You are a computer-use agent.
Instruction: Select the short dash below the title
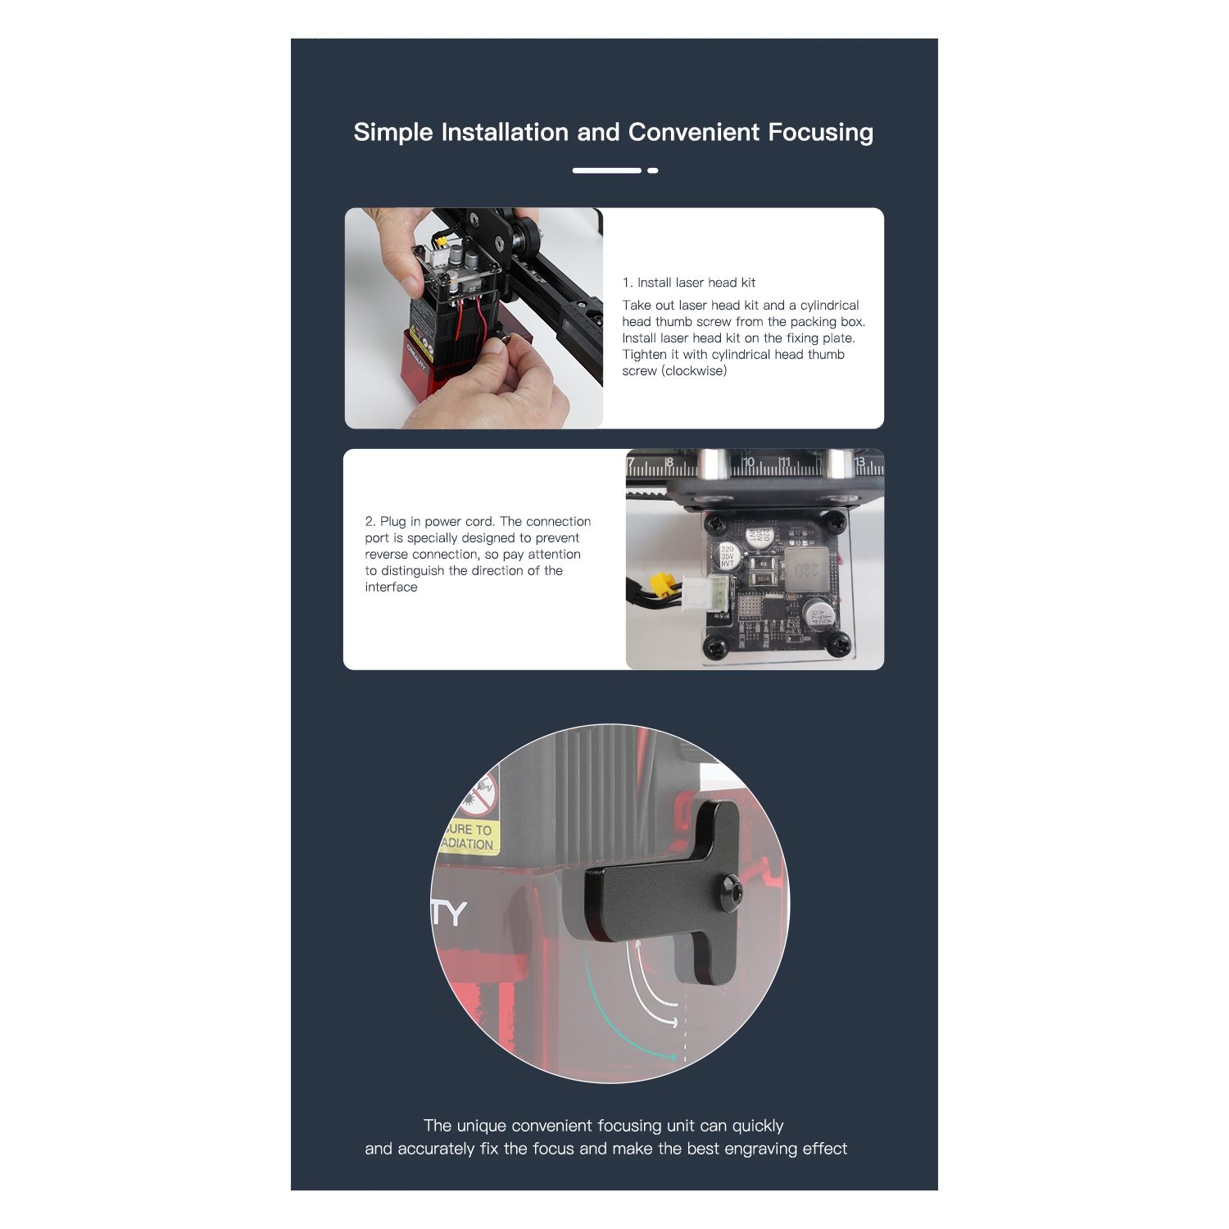coord(653,170)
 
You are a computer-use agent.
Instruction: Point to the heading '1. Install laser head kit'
coord(689,283)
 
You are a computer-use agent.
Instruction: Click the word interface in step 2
coord(391,587)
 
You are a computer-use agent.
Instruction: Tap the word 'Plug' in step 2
coord(392,522)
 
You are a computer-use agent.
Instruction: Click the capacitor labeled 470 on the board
coord(819,616)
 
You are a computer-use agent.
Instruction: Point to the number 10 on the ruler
coord(748,463)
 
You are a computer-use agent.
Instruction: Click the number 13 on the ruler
coord(859,463)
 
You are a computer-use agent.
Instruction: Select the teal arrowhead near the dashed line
coord(673,1057)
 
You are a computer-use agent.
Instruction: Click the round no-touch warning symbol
coord(480,792)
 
